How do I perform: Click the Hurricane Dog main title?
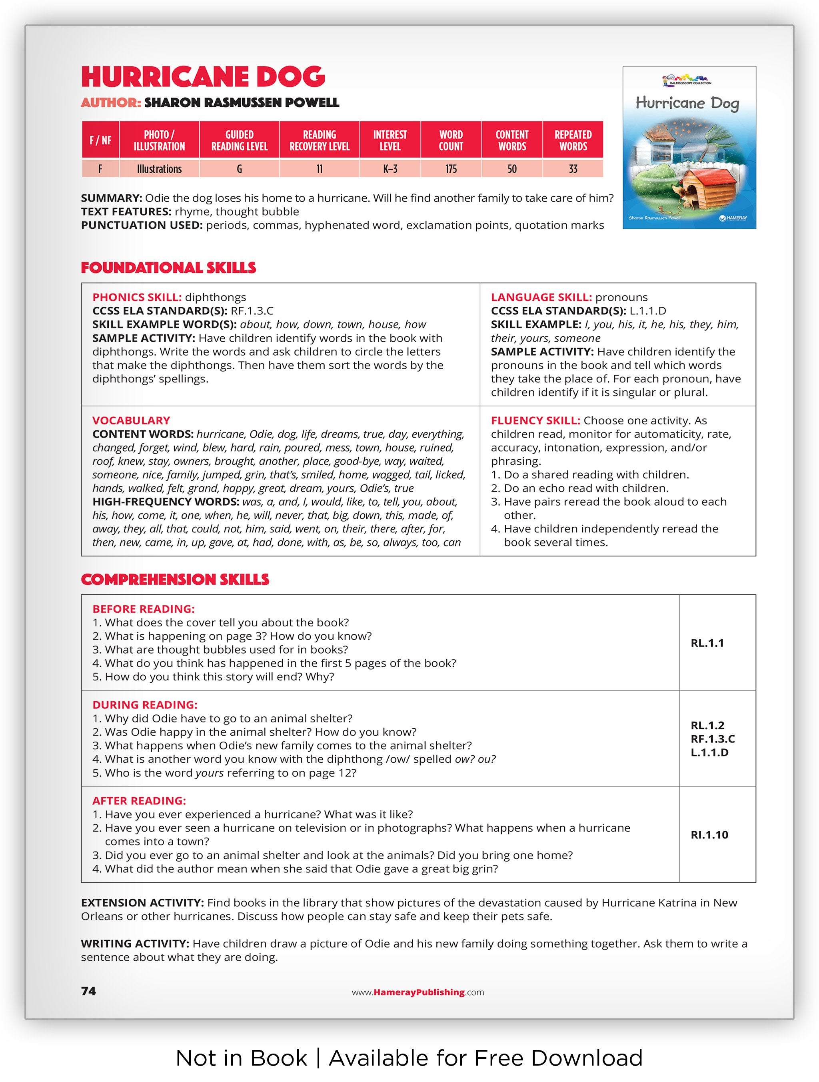click(x=203, y=77)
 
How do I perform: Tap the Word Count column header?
click(x=450, y=140)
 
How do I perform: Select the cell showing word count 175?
click(x=450, y=169)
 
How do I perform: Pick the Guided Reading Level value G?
click(x=239, y=169)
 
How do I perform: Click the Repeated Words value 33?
click(x=573, y=169)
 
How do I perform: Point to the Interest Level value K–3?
click(x=390, y=169)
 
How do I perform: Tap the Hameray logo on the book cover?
click(x=733, y=218)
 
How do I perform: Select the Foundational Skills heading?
click(x=168, y=268)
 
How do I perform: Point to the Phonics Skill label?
click(x=137, y=297)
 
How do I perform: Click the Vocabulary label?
click(x=131, y=420)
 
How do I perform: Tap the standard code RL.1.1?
click(x=707, y=643)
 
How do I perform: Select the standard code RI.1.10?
click(x=709, y=834)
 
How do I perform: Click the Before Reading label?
click(x=143, y=608)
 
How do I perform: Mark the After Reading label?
click(x=139, y=800)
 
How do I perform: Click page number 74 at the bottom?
click(x=88, y=990)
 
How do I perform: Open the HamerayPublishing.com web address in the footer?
click(x=418, y=992)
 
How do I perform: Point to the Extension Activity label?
click(x=142, y=902)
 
